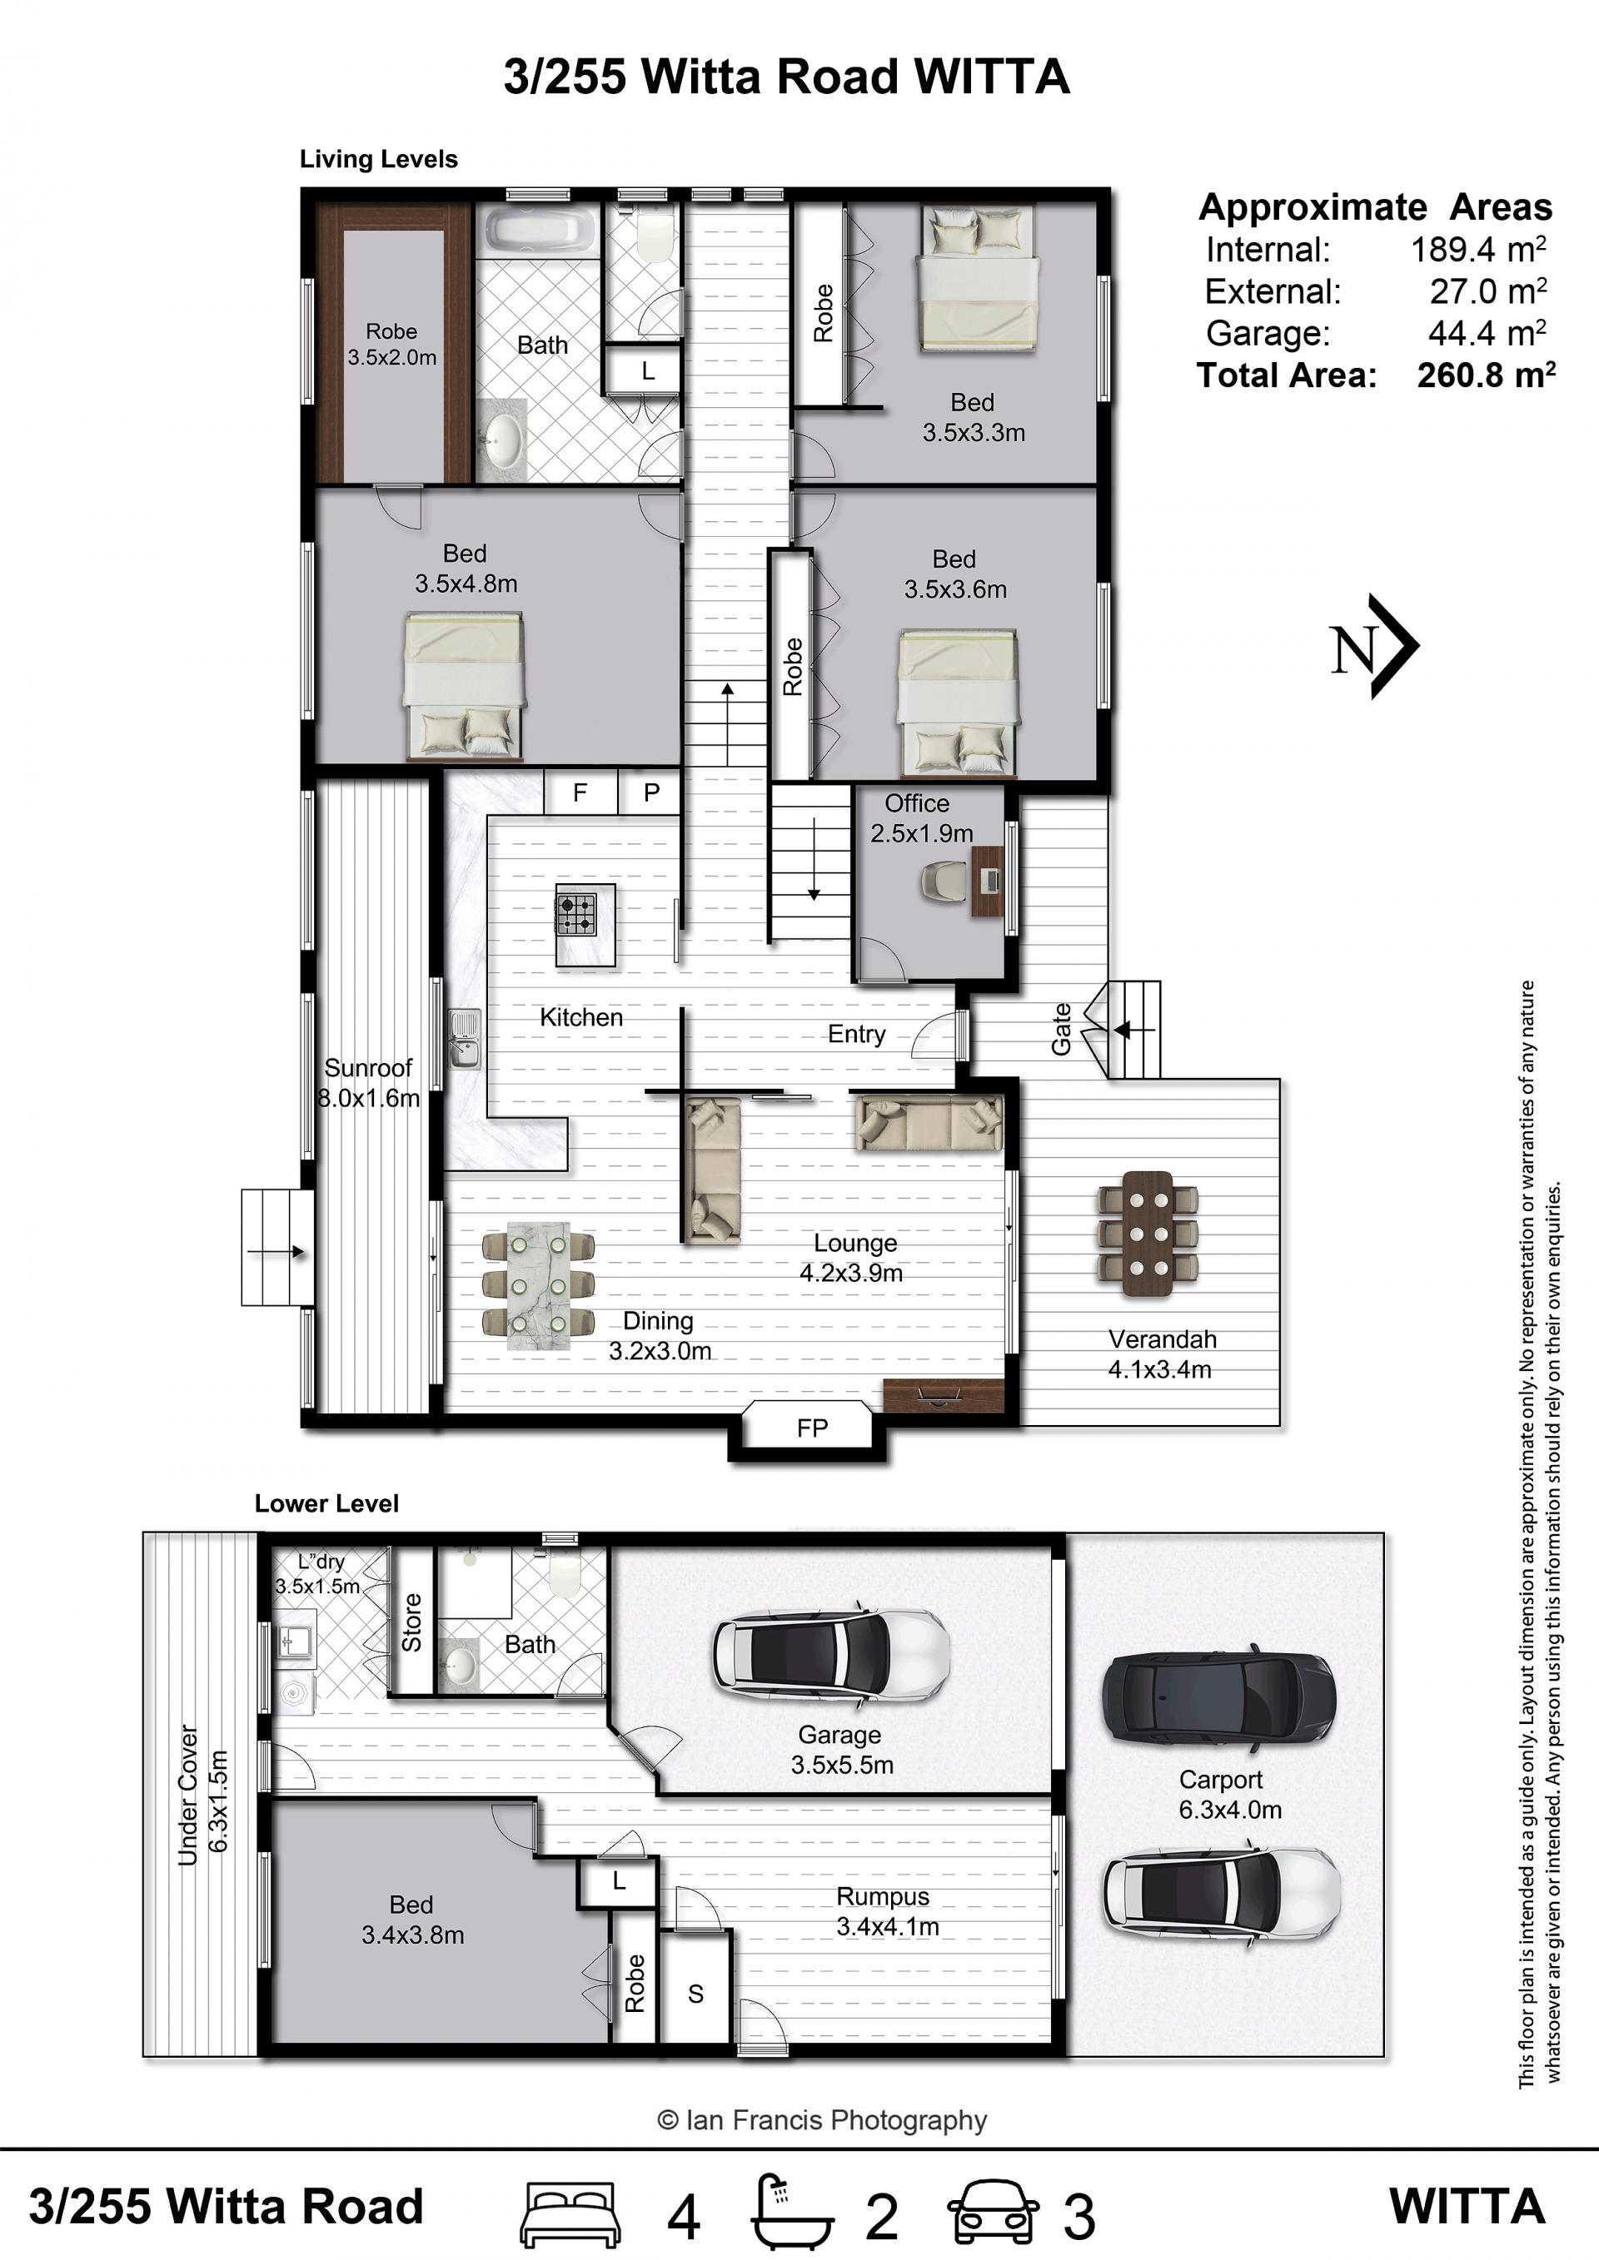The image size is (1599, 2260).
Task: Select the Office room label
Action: point(917,803)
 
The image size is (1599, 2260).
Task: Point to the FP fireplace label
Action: point(812,1428)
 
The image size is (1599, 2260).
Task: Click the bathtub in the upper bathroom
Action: point(540,231)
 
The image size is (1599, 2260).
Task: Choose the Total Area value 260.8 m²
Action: point(1487,375)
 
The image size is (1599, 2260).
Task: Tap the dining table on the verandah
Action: point(1147,1234)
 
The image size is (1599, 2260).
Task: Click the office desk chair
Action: point(945,882)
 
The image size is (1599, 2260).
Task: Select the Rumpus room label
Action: point(883,1897)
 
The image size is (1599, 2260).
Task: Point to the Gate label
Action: point(1060,1030)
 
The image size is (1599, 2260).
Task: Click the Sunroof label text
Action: point(368,1068)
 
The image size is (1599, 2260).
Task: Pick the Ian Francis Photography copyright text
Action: point(822,2120)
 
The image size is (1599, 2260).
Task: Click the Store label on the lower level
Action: point(411,1622)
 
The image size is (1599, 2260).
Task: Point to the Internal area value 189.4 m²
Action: point(1478,249)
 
